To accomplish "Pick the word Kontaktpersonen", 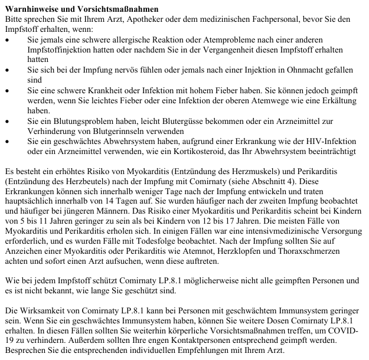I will pyautogui.click(x=200, y=341).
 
